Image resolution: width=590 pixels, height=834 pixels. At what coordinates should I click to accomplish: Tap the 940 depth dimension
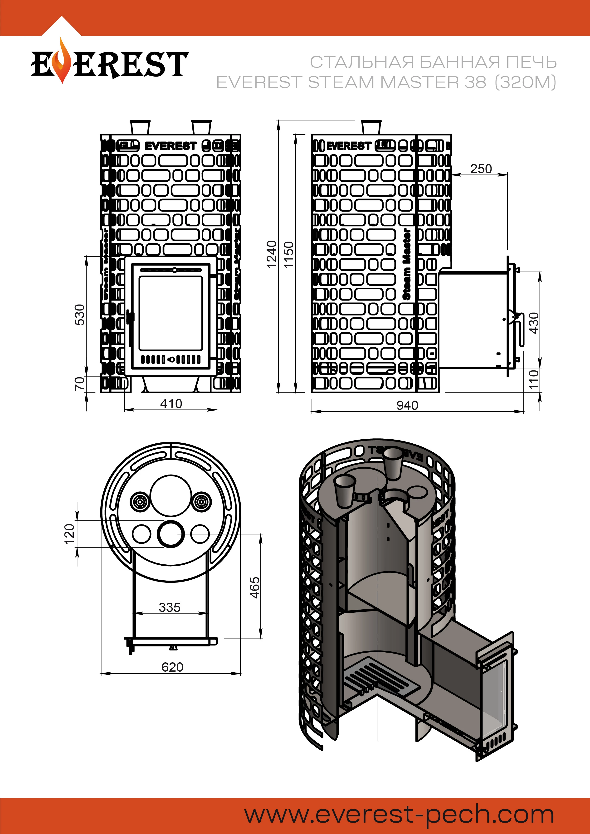coord(407,405)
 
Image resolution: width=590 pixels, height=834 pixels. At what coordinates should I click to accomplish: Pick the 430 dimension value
coord(534,323)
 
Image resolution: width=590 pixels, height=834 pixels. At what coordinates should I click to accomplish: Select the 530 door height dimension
coord(80,315)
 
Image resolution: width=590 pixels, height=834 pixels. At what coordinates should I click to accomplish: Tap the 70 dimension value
coord(80,383)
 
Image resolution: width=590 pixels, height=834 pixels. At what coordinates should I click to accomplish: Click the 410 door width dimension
coord(171,403)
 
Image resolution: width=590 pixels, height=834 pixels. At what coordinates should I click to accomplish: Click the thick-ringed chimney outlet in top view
coord(170,533)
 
